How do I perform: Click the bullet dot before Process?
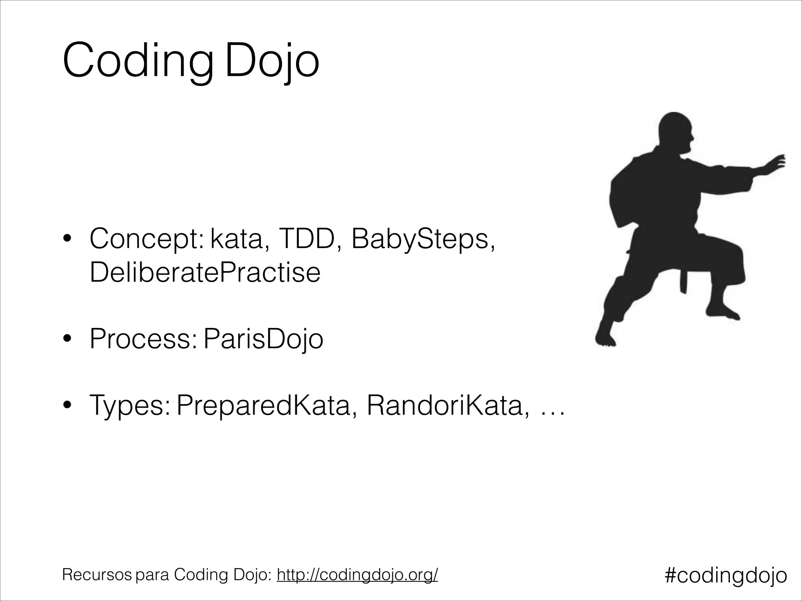68,339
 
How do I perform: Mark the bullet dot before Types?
68,406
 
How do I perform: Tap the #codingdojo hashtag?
726,575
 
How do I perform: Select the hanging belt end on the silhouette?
683,280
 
